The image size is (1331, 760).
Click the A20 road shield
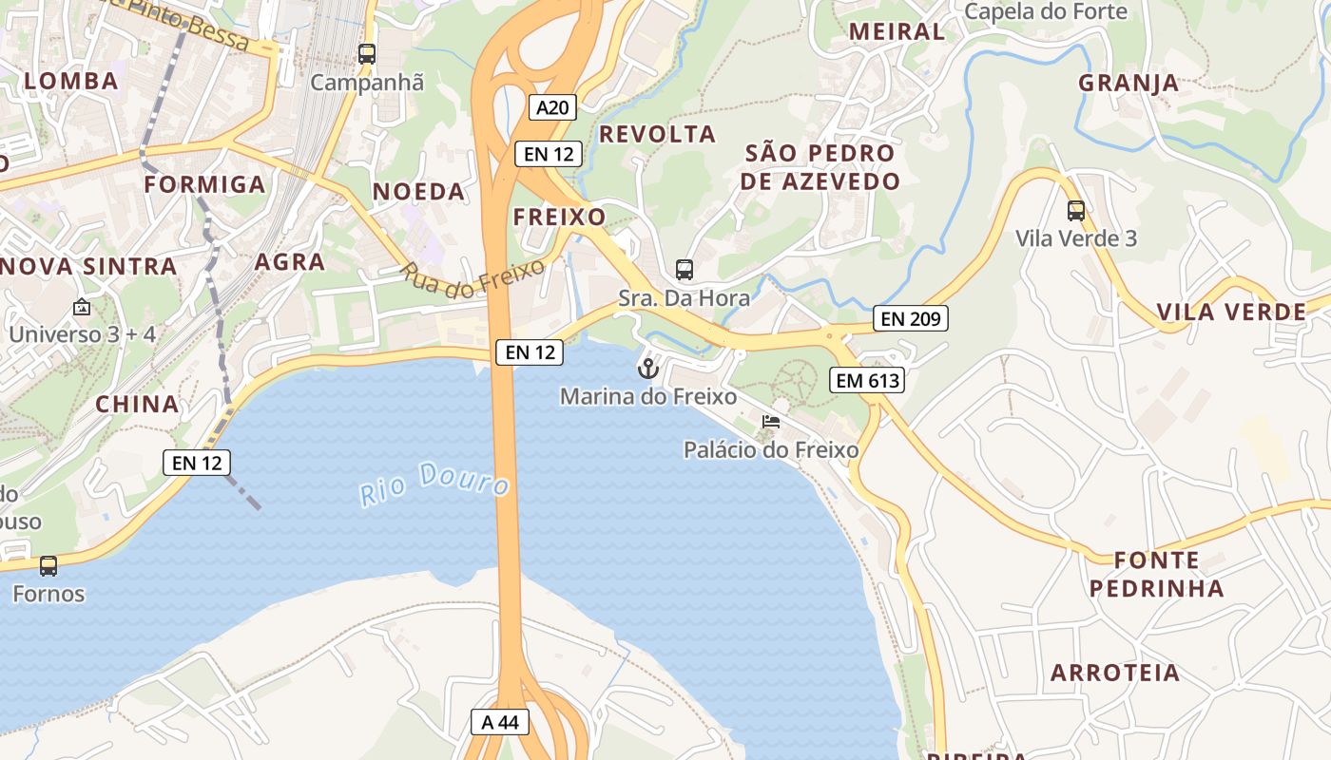pyautogui.click(x=552, y=107)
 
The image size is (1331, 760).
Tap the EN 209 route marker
pyautogui.click(x=911, y=319)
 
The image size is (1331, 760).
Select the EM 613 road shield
pyautogui.click(x=866, y=381)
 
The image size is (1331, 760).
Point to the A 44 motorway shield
pyautogui.click(x=500, y=722)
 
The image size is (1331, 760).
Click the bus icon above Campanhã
pyautogui.click(x=367, y=53)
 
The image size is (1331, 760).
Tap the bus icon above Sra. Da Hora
pyautogui.click(x=685, y=269)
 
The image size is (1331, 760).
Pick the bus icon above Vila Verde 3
pyautogui.click(x=1076, y=210)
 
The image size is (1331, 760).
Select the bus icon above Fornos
pyautogui.click(x=48, y=566)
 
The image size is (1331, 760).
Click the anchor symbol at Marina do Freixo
pyautogui.click(x=648, y=368)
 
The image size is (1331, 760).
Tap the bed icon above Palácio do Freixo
pyautogui.click(x=771, y=421)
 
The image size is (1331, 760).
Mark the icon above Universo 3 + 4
pyautogui.click(x=82, y=307)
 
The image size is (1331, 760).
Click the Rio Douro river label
pyautogui.click(x=434, y=483)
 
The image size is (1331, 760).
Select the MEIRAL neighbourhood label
pyautogui.click(x=897, y=31)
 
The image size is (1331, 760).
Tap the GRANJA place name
pyautogui.click(x=1128, y=83)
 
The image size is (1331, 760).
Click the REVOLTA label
pyautogui.click(x=657, y=134)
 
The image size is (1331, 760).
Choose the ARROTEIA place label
pyautogui.click(x=1115, y=674)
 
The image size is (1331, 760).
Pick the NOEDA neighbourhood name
pyautogui.click(x=419, y=192)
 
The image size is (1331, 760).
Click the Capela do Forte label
pyautogui.click(x=1046, y=11)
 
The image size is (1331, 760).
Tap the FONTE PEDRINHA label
pyautogui.click(x=1157, y=574)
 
